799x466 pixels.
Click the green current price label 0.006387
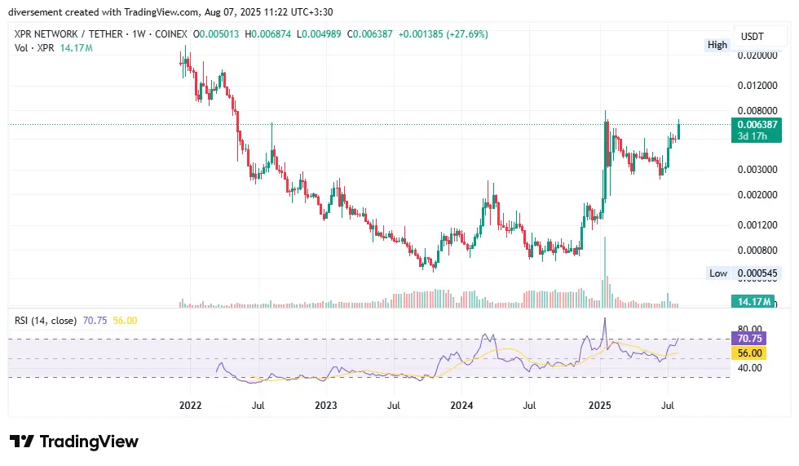click(x=757, y=124)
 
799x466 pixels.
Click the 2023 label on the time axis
click(x=325, y=405)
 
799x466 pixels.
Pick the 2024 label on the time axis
click(x=461, y=405)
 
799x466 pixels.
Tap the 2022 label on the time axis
click(x=190, y=405)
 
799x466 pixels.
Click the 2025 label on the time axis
click(x=600, y=405)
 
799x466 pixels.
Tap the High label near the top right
click(x=717, y=45)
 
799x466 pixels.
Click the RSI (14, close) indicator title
click(x=46, y=321)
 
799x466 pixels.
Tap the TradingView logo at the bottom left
click(x=74, y=442)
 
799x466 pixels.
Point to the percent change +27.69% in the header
click(x=462, y=33)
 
